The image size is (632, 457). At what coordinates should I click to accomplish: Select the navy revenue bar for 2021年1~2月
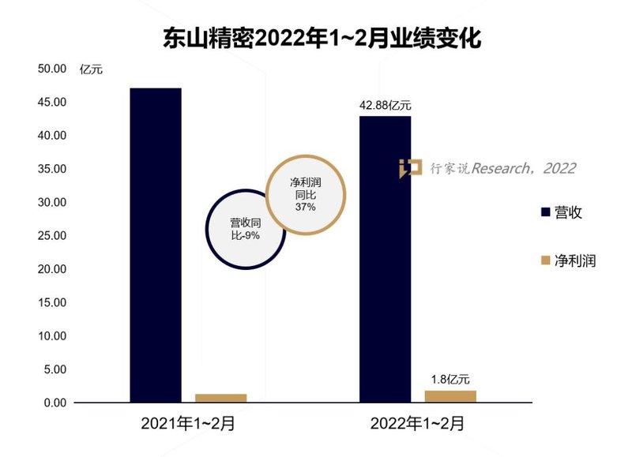156,245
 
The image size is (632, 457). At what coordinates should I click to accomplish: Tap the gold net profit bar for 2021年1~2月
221,398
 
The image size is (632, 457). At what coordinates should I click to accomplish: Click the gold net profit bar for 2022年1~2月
450,396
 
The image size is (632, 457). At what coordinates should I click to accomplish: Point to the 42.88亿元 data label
385,105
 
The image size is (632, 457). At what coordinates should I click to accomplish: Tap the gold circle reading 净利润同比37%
305,194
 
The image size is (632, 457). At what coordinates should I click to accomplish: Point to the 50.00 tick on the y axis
52,69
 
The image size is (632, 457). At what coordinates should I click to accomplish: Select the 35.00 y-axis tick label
52,169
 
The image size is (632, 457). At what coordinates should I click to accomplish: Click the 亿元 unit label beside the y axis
91,69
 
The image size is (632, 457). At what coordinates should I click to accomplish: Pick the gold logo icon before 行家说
410,167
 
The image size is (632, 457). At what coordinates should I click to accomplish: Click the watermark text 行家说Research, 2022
502,168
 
